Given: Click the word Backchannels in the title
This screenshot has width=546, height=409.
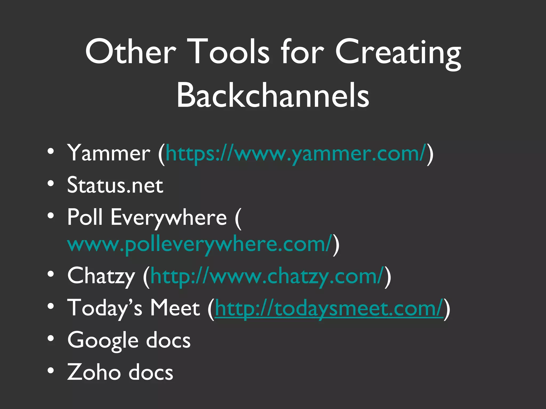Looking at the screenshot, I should [x=273, y=95].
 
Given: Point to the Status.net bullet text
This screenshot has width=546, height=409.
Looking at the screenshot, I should [x=115, y=185].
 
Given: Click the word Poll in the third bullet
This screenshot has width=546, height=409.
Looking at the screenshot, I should [x=85, y=217].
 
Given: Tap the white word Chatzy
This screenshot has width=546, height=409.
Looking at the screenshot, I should [x=101, y=276].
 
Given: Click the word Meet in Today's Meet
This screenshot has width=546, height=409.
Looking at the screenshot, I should [x=175, y=308].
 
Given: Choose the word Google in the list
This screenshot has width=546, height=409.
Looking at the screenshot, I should [x=103, y=341].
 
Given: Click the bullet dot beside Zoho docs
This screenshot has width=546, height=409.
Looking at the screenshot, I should [x=51, y=370].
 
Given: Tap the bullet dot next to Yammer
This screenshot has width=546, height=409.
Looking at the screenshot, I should [x=51, y=152].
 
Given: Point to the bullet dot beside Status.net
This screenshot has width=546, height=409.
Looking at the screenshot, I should [x=51, y=183].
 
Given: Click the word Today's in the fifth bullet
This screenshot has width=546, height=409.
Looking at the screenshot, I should [x=105, y=308].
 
